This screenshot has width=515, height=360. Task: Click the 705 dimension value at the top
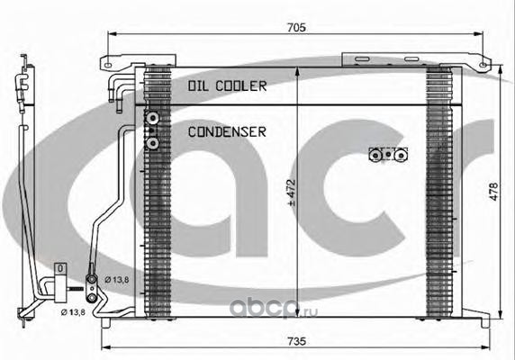[x=296, y=28]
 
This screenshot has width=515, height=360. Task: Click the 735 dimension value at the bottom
[x=296, y=341]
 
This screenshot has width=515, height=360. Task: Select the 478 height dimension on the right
[x=493, y=192]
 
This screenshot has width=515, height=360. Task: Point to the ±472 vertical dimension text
[x=291, y=193]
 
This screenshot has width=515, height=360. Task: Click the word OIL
[x=199, y=86]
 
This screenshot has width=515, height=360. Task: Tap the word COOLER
[x=241, y=86]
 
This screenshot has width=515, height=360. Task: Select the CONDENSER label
[x=227, y=132]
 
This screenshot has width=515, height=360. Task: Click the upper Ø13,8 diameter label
[x=117, y=280]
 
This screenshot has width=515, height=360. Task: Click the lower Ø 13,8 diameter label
[x=73, y=312]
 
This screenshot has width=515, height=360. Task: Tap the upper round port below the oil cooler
[x=153, y=118]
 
